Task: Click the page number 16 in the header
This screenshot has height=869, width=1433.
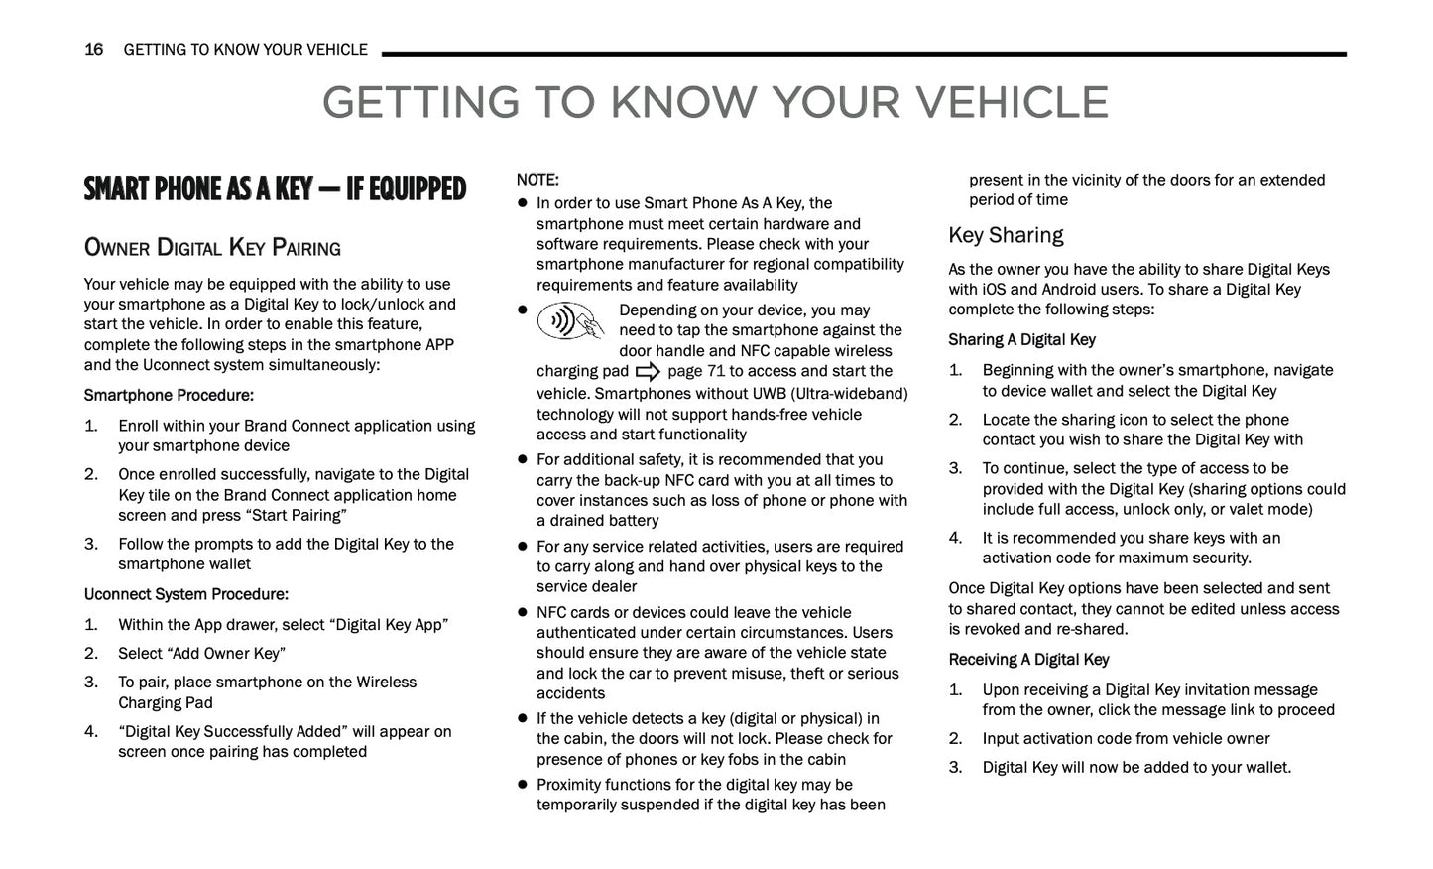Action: (x=93, y=50)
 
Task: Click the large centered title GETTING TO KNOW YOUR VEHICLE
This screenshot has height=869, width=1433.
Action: (x=715, y=103)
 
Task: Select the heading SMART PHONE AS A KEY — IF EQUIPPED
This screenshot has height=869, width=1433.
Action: (x=275, y=188)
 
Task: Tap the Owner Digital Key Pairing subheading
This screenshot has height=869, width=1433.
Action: (x=212, y=248)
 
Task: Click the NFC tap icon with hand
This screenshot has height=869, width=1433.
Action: (x=571, y=321)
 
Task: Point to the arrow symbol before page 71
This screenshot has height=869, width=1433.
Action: (x=648, y=372)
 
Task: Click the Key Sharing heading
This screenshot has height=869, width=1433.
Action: (x=1006, y=235)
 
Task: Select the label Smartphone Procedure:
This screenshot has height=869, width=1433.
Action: (x=169, y=395)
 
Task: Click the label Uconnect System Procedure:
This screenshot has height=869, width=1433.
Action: (x=186, y=594)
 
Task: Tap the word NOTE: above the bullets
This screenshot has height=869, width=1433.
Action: (x=537, y=180)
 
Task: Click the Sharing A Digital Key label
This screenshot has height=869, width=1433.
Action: (x=1021, y=339)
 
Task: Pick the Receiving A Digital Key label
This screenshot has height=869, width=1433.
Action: (x=1028, y=659)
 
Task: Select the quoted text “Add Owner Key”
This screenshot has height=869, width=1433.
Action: (x=229, y=653)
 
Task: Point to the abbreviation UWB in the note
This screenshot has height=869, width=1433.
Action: (x=762, y=394)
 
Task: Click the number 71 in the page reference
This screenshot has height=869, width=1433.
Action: (x=715, y=371)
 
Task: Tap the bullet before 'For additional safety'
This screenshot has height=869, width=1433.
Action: (x=522, y=460)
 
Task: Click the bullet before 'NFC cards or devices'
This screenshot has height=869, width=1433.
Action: (x=522, y=613)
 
